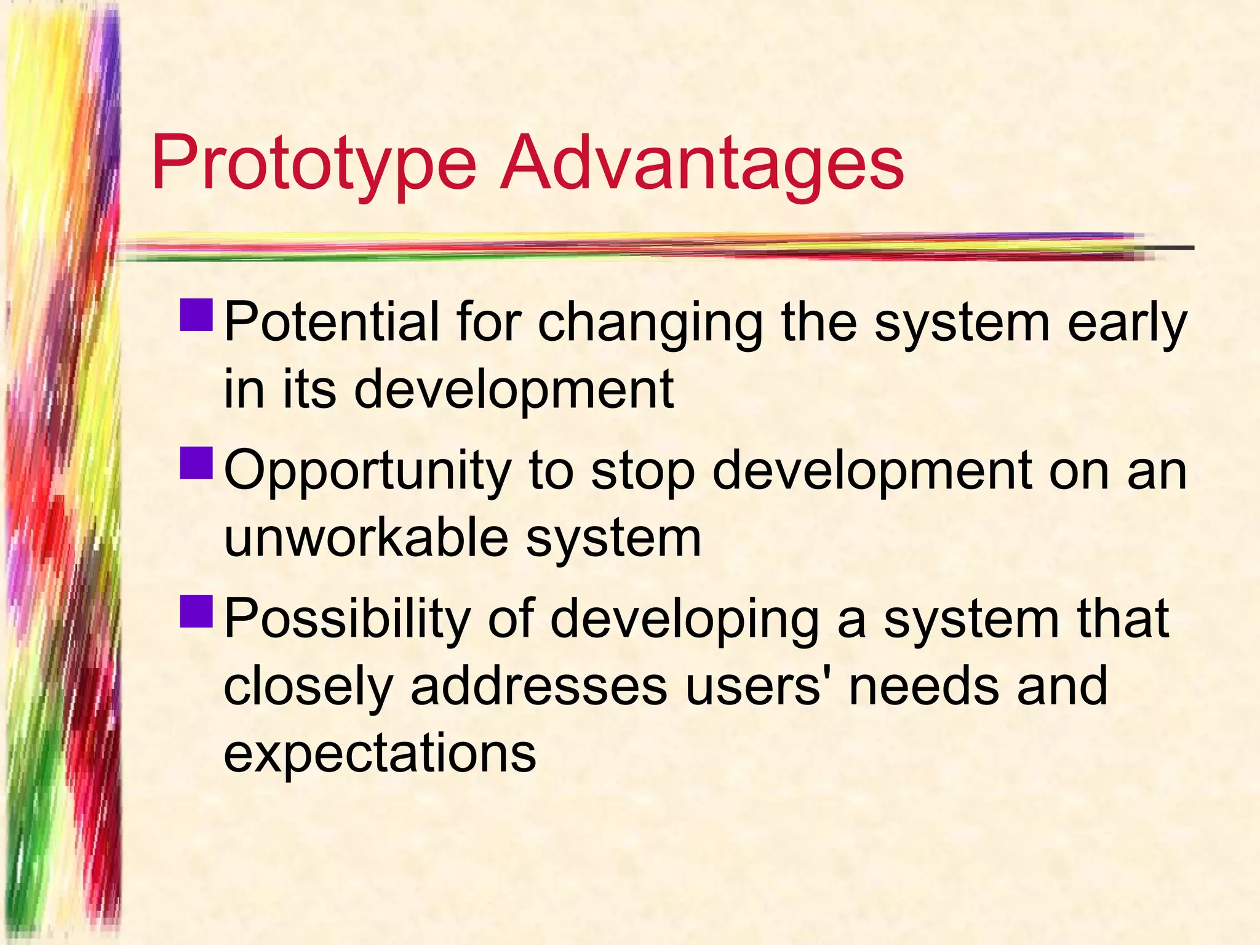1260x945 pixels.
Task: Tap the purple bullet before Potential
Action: (x=197, y=316)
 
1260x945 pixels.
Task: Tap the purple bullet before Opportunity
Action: (x=197, y=463)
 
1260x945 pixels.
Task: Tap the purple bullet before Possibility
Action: (x=197, y=611)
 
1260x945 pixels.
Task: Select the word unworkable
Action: (x=366, y=537)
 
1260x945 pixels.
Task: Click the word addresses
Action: (x=539, y=685)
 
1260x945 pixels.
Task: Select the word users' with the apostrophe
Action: (x=757, y=685)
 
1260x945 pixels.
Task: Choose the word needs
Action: (x=923, y=685)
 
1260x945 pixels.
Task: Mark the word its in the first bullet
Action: (x=309, y=389)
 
